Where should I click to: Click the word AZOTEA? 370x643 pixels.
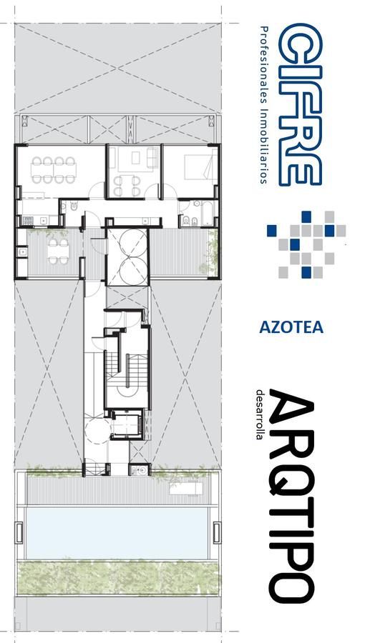[x=291, y=327]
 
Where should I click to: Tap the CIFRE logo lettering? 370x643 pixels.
[x=300, y=104]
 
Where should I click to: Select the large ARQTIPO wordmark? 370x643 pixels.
[x=293, y=497]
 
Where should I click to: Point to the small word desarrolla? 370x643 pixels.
[x=259, y=414]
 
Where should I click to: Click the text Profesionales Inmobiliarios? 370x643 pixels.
[x=265, y=104]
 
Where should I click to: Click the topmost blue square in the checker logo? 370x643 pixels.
[x=306, y=216]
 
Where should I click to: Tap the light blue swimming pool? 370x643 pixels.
[x=117, y=533]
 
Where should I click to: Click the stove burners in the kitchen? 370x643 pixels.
[x=27, y=221]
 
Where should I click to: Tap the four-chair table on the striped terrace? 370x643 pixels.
[x=58, y=251]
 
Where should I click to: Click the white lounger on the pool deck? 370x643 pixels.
[x=187, y=489]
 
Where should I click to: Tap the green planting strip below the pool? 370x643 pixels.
[x=117, y=577]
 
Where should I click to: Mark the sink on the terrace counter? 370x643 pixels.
[x=21, y=251]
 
